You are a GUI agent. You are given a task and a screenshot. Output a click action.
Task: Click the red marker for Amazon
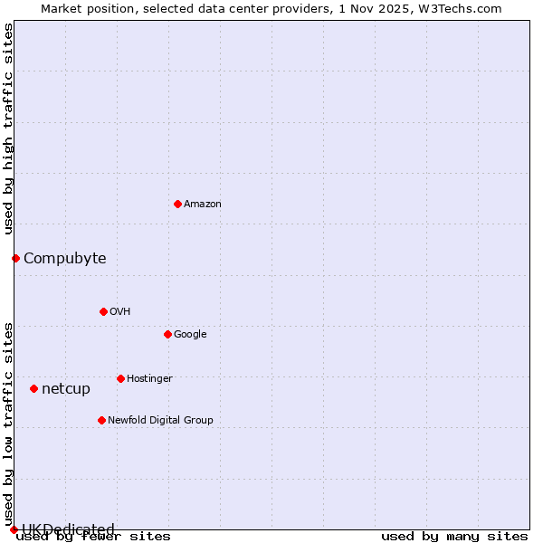177,204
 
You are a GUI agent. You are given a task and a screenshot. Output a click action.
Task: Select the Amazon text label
203,205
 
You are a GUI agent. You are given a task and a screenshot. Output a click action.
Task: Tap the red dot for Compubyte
15,258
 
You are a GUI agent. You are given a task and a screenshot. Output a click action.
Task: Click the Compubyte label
64,259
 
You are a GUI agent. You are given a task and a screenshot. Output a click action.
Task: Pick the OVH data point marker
103,311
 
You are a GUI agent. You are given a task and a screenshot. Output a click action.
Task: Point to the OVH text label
120,312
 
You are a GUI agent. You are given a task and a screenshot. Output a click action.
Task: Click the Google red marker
167,334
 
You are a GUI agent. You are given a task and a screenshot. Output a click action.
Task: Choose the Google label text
190,335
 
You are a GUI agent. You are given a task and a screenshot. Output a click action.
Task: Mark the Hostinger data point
120,378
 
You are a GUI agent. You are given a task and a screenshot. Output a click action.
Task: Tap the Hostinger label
149,379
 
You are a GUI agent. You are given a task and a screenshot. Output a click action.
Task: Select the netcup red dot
33,388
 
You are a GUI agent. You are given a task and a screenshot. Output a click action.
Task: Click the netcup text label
66,389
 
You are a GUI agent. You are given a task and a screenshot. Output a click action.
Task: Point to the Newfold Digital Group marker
101,420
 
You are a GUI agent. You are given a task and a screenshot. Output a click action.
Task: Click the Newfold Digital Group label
160,421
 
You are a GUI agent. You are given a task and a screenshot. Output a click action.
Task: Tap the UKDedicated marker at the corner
14,529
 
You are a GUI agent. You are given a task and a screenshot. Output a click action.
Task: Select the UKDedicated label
68,529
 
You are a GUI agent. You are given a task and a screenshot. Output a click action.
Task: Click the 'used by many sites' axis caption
454,537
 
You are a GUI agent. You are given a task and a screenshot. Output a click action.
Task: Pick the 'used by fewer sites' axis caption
93,537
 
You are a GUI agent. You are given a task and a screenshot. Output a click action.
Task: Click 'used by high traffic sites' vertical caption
8,129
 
